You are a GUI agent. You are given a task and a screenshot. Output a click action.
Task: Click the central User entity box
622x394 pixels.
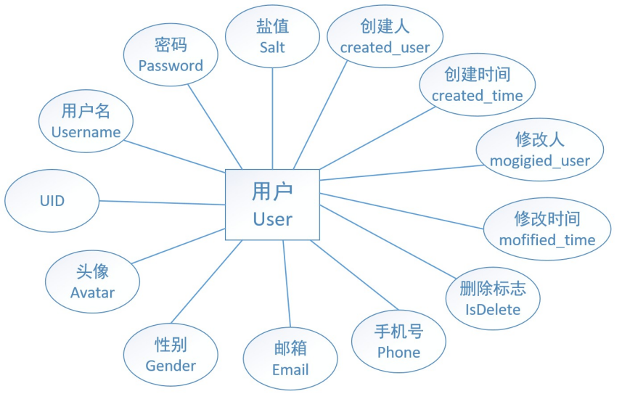(x=272, y=204)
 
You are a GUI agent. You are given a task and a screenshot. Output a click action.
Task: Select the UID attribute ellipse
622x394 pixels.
(x=52, y=201)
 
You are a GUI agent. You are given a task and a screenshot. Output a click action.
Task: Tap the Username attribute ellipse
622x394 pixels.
(x=86, y=121)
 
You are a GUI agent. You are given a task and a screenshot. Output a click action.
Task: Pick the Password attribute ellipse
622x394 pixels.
(x=171, y=55)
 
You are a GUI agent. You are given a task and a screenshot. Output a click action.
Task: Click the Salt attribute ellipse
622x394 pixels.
(x=272, y=36)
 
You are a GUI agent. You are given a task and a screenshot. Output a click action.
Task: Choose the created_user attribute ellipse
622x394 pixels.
(x=385, y=37)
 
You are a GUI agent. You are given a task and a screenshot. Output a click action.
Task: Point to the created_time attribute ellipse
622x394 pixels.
(x=477, y=85)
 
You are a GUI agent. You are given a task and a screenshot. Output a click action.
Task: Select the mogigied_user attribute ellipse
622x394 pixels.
(x=539, y=150)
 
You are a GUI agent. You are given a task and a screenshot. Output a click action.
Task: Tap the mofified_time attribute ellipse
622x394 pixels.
(x=547, y=229)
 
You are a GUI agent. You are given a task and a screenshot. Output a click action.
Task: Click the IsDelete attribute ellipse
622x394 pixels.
(x=493, y=299)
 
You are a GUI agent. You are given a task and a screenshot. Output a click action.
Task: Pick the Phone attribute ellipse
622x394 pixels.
(x=398, y=342)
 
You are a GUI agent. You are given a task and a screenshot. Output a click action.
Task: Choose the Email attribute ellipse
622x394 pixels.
(x=290, y=359)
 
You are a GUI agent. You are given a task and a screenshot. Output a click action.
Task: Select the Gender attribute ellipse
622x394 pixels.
(x=171, y=356)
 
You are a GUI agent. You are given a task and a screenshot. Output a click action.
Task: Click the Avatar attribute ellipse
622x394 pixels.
(x=92, y=282)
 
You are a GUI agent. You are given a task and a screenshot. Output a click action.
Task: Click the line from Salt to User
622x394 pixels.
(x=272, y=116)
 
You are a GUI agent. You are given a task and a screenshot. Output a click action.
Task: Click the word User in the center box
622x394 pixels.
(x=272, y=218)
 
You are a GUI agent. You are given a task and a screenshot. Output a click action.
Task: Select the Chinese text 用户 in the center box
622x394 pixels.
(x=272, y=192)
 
